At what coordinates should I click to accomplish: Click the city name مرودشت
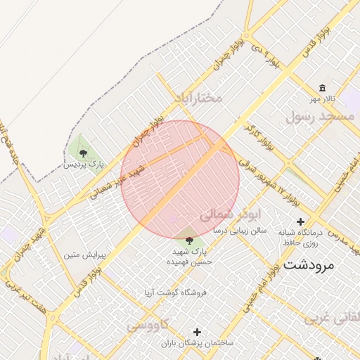[x=311, y=265]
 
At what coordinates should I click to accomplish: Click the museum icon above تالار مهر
[x=322, y=88]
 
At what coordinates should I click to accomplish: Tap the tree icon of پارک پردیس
[x=84, y=152]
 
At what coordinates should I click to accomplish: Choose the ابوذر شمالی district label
[x=230, y=214]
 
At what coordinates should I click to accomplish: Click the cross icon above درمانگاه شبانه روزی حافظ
[x=300, y=221]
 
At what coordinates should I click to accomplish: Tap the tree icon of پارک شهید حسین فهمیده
[x=188, y=240]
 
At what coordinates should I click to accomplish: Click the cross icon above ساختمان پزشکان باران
[x=197, y=331]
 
